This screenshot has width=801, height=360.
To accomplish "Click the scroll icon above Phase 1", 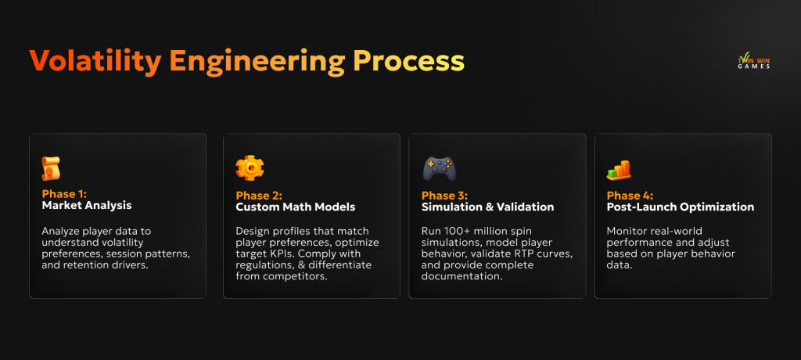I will click(x=51, y=168).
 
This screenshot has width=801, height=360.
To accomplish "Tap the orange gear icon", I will click(x=250, y=168).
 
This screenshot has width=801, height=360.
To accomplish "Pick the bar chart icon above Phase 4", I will click(x=619, y=170).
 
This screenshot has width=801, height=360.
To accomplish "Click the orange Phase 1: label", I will click(x=64, y=194).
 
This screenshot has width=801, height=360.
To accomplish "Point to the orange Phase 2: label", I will click(x=259, y=195).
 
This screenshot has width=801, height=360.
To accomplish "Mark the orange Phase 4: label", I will click(x=630, y=195).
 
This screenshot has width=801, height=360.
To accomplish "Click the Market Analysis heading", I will click(x=87, y=207).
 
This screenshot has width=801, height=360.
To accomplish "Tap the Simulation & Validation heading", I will click(x=487, y=207).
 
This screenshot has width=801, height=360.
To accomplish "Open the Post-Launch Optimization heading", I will click(x=681, y=207).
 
